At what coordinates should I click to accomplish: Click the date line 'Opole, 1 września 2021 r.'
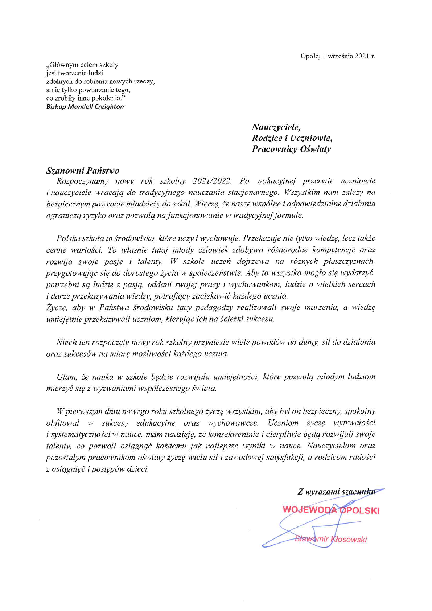pos(338,56)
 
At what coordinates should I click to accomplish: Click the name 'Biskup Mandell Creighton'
pos(85,107)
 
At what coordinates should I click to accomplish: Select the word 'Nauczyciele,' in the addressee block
pos(276,127)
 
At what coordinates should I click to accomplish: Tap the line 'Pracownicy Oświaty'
pos(291,149)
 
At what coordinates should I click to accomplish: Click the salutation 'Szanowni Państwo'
pos(83,171)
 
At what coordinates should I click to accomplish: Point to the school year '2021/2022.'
pos(212,181)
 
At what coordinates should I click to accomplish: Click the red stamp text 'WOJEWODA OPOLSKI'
pos(331,510)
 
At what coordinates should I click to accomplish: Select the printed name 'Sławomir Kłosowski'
pos(331,539)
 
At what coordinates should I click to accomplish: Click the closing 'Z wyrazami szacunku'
pos(336,492)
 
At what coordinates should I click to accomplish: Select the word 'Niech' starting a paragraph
pos(66,342)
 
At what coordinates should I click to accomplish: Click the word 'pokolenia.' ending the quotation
pos(108,98)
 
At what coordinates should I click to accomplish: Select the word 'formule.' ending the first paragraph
pos(289,215)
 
